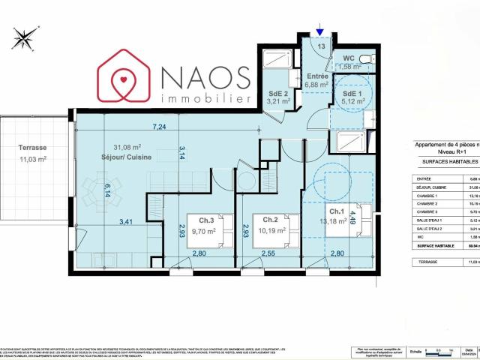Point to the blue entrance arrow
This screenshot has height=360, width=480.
(x=320, y=31)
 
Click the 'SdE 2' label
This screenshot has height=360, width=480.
(x=280, y=94)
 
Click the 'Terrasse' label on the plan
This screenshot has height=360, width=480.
(x=32, y=148)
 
